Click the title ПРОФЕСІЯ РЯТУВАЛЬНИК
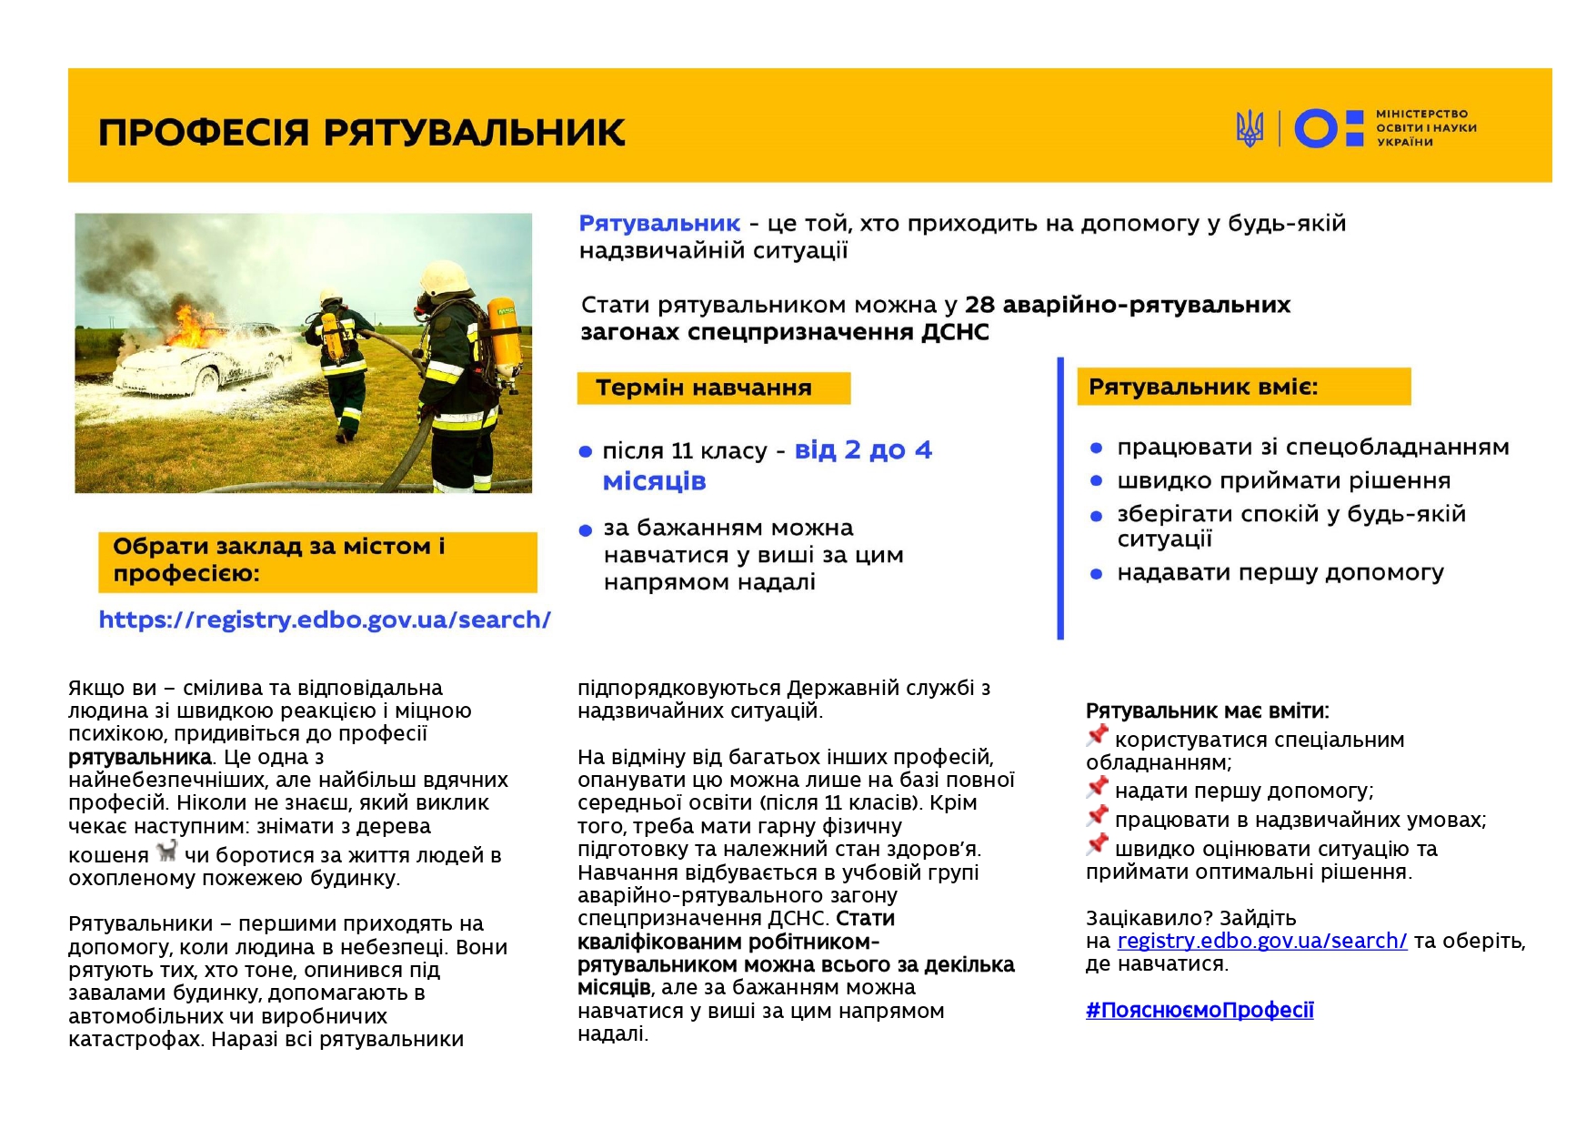361,132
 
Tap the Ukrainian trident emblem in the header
1250,128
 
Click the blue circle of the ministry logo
1316,128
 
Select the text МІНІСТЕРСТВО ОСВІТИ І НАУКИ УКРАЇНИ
1425,128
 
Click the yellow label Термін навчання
713,388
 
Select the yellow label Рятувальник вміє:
1242,387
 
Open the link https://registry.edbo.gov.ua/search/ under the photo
325,620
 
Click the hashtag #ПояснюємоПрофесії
1199,1011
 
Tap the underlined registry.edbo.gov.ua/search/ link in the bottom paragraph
1261,942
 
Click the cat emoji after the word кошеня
166,852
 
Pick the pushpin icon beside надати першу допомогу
1098,787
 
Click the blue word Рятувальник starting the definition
659,224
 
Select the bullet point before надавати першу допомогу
1096,574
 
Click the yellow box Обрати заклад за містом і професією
317,561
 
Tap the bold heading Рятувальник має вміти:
1207,711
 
